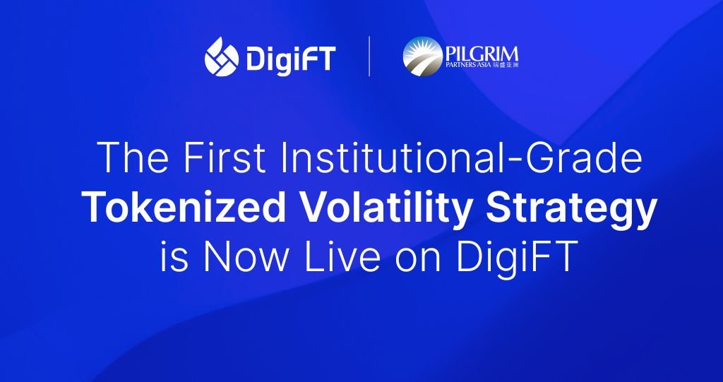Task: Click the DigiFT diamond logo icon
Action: [x=220, y=57]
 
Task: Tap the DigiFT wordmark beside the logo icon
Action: [x=290, y=58]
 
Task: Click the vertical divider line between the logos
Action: [x=369, y=57]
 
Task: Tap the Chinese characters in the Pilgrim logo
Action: [x=506, y=66]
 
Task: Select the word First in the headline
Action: [x=222, y=159]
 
